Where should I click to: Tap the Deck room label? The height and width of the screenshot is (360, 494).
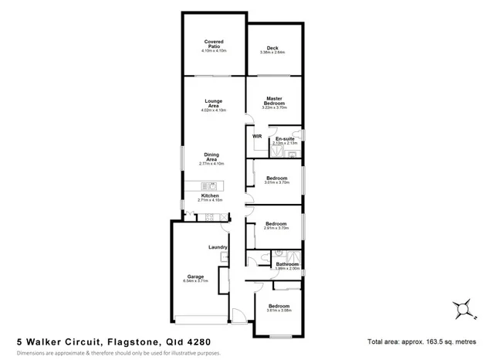272,49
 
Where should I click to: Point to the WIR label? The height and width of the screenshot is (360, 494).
258,136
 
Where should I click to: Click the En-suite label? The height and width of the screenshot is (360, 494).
286,139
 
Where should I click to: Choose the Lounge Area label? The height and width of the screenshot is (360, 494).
214,104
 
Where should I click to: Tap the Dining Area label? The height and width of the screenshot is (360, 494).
211,157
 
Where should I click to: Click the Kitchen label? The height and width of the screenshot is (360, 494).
211,195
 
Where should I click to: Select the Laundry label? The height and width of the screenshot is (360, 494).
218,247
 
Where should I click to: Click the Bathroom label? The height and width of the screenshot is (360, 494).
287,264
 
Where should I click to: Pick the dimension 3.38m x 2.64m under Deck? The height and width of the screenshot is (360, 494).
272,53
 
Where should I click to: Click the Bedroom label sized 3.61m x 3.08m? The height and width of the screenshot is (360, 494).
279,306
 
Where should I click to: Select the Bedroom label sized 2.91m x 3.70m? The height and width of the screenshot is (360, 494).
276,224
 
